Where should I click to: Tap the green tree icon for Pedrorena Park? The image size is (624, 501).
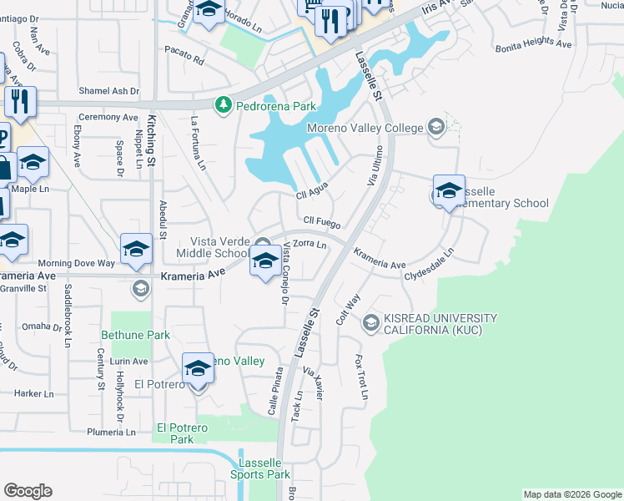(x=223, y=105)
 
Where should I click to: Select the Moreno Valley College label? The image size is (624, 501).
(x=365, y=128)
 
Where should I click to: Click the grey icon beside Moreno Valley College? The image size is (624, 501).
(x=435, y=128)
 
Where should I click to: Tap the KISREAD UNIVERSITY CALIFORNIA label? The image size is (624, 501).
(x=440, y=324)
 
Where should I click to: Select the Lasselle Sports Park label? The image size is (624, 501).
(x=264, y=468)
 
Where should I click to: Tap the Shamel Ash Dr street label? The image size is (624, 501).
(x=108, y=91)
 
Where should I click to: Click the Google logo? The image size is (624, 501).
(x=28, y=490)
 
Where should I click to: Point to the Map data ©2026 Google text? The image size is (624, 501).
(x=571, y=494)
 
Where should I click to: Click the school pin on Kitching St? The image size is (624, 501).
(x=138, y=247)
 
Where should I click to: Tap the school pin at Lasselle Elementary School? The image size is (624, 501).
(x=449, y=190)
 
